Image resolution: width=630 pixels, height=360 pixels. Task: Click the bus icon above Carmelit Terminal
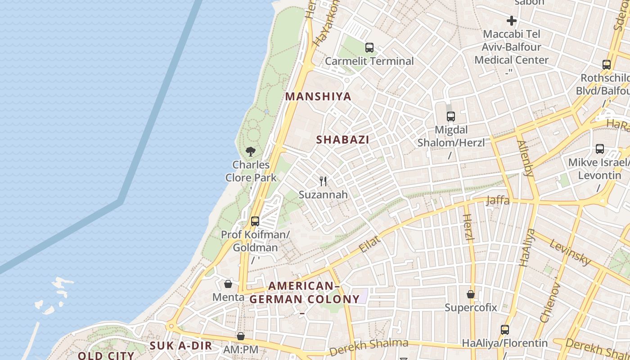tap(369, 47)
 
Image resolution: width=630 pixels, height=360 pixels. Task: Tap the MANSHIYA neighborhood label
tap(318, 97)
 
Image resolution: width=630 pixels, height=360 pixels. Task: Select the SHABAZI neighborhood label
tap(342, 140)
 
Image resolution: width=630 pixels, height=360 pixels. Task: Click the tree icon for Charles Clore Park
tap(251, 151)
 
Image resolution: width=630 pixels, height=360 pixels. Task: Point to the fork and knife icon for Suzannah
tap(323, 181)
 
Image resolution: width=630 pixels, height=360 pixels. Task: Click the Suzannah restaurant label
tap(323, 194)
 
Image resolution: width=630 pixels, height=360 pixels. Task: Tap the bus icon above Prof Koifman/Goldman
tap(255, 221)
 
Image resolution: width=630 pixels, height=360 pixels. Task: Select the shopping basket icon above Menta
tap(228, 284)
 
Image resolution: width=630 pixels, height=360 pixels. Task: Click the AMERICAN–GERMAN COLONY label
tap(305, 292)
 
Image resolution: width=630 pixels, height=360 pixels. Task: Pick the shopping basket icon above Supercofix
tap(471, 294)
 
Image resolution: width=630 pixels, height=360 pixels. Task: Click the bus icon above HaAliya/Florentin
tap(505, 330)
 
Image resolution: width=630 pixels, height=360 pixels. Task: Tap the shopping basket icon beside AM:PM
tap(241, 336)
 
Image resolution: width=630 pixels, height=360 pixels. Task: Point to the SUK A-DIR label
tap(180, 346)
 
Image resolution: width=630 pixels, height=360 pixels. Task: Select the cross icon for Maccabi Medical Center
tap(512, 21)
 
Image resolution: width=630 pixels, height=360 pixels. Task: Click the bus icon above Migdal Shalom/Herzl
tap(451, 117)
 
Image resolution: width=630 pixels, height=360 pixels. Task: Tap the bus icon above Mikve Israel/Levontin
tap(600, 149)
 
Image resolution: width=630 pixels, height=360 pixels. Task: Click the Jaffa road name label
tap(498, 200)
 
